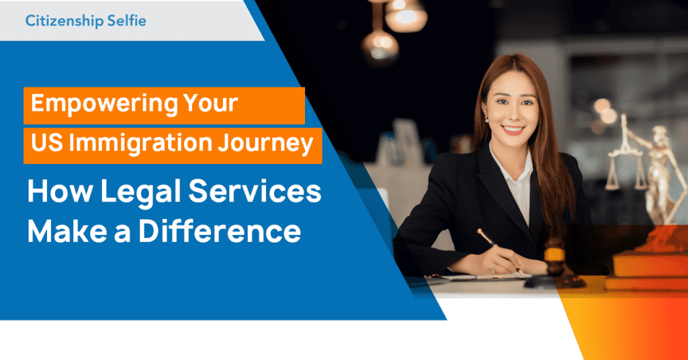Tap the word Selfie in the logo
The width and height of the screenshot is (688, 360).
(x=126, y=21)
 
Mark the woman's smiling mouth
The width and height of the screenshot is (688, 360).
(x=514, y=129)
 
